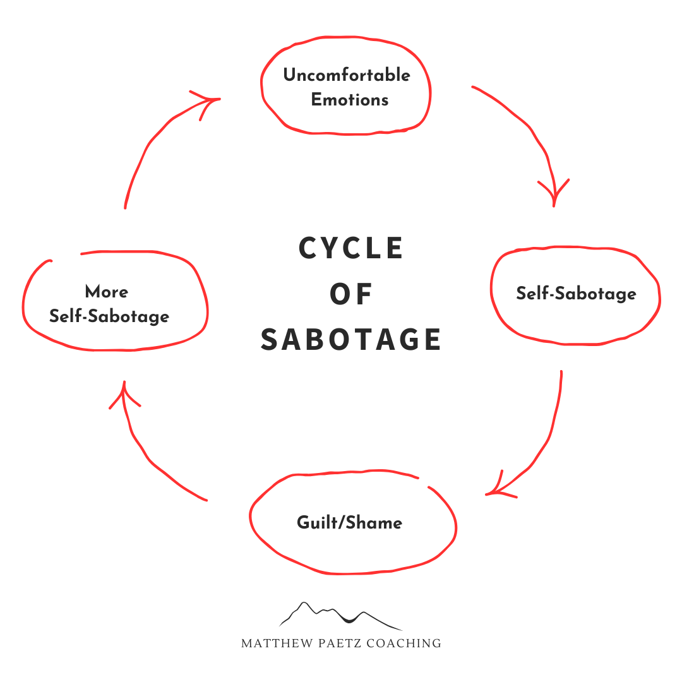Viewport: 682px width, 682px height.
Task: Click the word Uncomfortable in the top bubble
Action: [x=347, y=76]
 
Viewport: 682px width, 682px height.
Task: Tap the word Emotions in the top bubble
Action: [x=350, y=100]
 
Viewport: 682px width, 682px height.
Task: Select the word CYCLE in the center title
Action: [x=351, y=248]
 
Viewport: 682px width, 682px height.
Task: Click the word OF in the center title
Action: [x=352, y=294]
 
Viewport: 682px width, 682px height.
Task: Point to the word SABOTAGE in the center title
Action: [x=351, y=340]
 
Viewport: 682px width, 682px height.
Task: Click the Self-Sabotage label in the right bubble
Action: [x=576, y=294]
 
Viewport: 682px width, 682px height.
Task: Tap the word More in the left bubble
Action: [x=107, y=292]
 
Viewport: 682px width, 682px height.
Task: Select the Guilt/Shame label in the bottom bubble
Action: [x=349, y=523]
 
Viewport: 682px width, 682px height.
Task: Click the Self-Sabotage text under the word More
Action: [x=109, y=316]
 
